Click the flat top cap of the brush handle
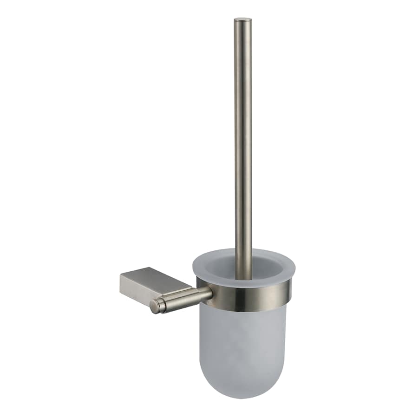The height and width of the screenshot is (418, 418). point(243,19)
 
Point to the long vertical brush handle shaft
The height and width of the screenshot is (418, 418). point(243,139)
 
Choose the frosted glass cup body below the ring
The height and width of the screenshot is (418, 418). point(242,344)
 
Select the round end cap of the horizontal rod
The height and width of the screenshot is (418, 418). point(155,306)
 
